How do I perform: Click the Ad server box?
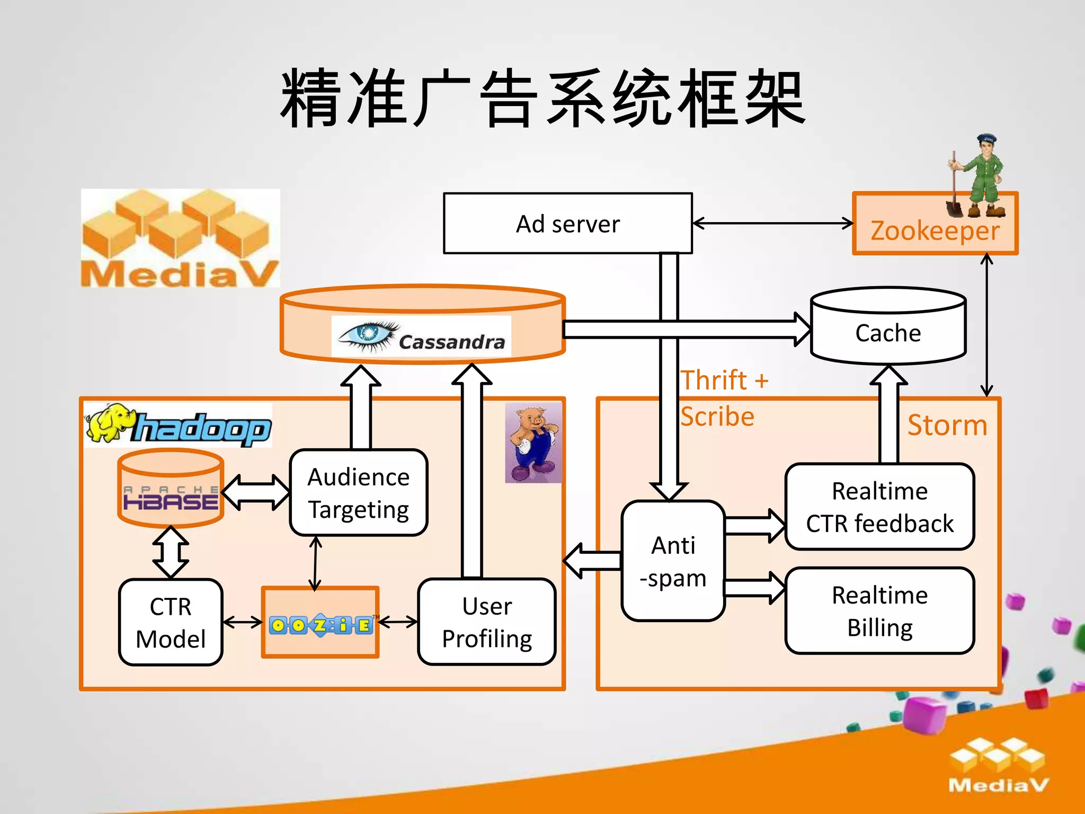point(567,223)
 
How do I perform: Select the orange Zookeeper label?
point(935,231)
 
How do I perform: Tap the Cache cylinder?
point(888,332)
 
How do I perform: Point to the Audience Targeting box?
point(359,493)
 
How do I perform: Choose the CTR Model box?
point(171,622)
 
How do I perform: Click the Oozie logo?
point(321,625)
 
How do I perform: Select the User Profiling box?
point(487,622)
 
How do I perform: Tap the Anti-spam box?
point(673,561)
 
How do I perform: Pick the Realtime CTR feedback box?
point(879,507)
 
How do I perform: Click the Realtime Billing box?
point(879,611)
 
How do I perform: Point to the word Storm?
point(947,425)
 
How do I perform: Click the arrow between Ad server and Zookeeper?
point(772,223)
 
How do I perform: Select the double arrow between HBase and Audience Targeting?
point(256,492)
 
